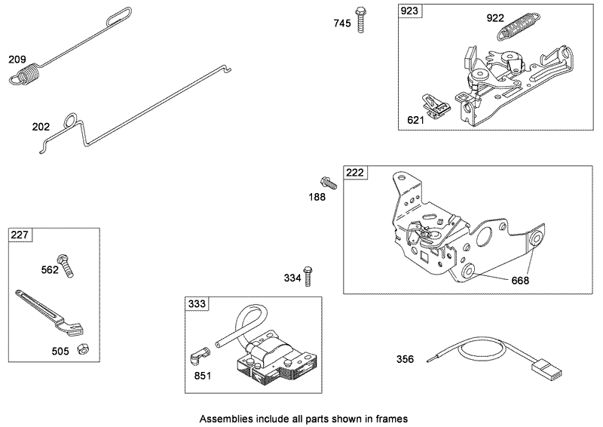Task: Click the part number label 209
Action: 17,59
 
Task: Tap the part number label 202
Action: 41,127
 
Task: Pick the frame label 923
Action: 411,11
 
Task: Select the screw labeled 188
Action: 329,181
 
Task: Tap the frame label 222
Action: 355,173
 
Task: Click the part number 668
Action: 519,281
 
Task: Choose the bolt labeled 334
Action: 307,276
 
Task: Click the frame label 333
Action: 197,304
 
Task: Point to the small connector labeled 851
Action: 200,355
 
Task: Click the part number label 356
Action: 406,359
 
